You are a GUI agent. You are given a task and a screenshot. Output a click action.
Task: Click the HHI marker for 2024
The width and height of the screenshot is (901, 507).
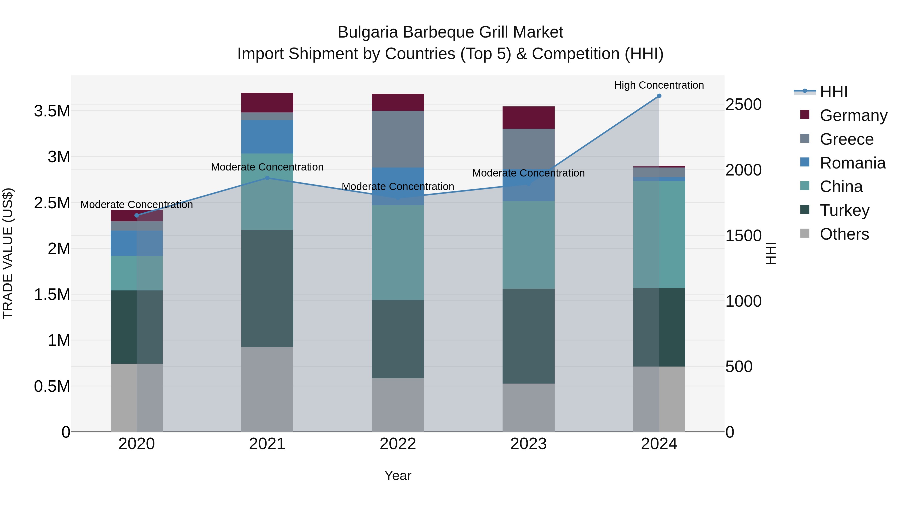659,96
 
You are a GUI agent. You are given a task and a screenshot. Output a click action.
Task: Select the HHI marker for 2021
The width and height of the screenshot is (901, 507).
267,178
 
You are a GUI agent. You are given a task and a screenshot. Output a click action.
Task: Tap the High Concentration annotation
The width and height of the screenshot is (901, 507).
659,85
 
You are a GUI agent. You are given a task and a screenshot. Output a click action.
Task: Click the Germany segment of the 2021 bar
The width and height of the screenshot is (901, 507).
267,102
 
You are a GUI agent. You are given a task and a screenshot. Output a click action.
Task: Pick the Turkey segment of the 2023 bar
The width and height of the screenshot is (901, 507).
529,336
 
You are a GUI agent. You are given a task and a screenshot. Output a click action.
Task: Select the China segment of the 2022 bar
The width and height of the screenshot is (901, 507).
398,253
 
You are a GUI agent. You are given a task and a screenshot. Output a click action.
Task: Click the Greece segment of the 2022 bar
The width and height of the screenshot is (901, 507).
398,139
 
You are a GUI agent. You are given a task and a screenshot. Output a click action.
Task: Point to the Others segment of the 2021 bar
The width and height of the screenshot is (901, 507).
267,389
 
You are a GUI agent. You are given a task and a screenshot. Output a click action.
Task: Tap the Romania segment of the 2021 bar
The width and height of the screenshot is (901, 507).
267,137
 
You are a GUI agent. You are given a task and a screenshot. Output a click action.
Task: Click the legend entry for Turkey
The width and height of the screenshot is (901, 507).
844,211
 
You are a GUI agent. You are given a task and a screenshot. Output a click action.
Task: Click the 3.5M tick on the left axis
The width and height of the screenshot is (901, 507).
52,111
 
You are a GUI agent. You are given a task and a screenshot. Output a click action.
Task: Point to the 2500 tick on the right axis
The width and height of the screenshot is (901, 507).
743,105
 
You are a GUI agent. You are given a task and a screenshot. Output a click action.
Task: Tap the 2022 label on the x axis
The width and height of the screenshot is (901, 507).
398,444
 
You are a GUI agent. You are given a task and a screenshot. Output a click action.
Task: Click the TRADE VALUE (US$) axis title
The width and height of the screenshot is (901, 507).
8,253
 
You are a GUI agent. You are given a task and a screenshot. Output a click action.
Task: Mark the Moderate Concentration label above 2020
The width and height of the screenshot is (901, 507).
136,205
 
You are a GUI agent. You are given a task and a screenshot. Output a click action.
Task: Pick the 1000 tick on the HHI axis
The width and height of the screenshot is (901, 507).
743,301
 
